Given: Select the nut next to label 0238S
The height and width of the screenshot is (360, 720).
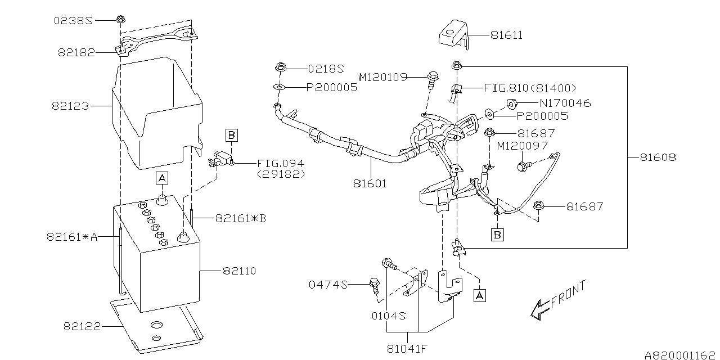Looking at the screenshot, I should click(120, 20).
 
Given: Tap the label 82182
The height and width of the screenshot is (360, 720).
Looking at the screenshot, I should click(75, 53).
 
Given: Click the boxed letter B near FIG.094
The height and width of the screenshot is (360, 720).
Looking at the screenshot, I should click(231, 134).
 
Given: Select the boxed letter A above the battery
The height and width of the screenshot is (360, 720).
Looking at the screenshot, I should click(162, 178).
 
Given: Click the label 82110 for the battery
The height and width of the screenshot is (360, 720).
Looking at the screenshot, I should click(239, 271).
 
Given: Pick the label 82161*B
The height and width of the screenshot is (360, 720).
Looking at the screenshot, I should click(240, 219).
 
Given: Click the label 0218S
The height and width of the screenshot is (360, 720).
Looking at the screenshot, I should click(326, 68).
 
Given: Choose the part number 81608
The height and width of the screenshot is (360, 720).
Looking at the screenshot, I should click(658, 157).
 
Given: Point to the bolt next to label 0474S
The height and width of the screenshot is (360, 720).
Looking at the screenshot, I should click(375, 285).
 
